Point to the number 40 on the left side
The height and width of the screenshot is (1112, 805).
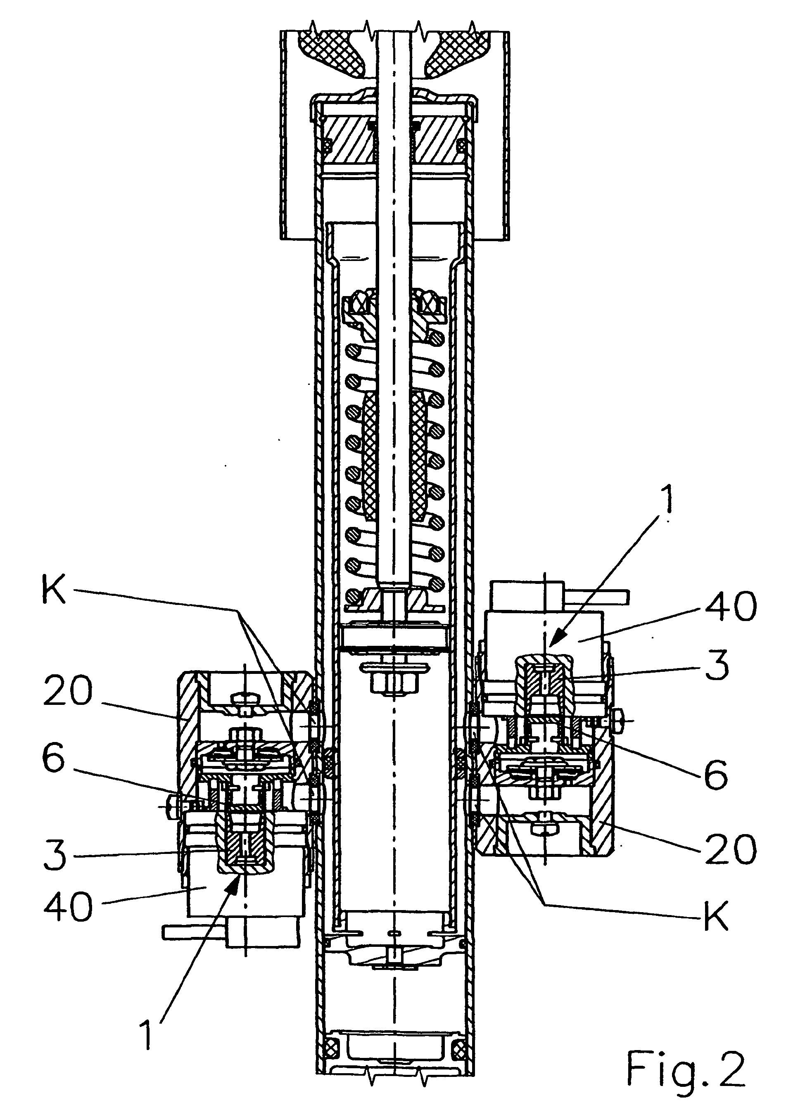pos(68,906)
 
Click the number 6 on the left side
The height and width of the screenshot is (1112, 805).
pos(53,759)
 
